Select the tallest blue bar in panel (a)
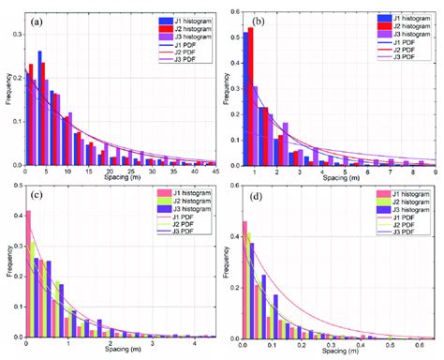point(39,108)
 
